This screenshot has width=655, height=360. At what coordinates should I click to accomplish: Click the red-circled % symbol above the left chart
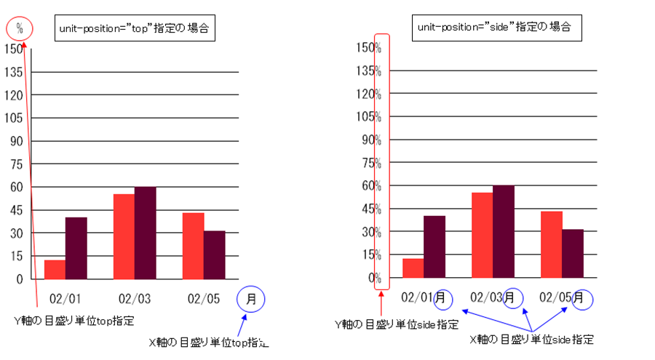click(x=20, y=29)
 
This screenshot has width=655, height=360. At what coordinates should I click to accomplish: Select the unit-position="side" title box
click(x=493, y=28)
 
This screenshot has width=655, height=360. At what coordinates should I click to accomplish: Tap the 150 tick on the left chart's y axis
click(x=14, y=49)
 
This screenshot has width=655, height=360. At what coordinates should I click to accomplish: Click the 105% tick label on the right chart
click(x=370, y=116)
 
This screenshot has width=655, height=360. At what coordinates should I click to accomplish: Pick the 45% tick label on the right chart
click(x=373, y=209)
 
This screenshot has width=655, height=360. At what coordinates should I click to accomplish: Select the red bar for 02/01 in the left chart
click(x=55, y=269)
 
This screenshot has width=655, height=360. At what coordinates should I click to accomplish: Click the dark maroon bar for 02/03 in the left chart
click(x=145, y=233)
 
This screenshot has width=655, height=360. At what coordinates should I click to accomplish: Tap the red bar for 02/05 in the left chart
click(x=193, y=245)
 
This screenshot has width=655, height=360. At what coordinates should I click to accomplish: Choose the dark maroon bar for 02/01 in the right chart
click(x=434, y=247)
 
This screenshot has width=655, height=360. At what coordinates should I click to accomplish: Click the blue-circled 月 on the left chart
click(x=251, y=298)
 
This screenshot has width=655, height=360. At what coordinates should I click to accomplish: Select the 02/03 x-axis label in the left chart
click(x=134, y=299)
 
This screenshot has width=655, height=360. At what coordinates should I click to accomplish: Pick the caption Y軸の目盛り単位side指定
click(x=396, y=324)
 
